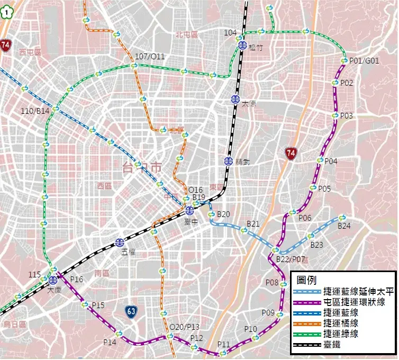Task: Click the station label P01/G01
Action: (x=364, y=61)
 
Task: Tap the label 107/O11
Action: (x=150, y=57)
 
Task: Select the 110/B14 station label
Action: (x=35, y=111)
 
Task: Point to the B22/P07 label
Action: (x=291, y=259)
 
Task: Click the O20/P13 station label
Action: (x=184, y=327)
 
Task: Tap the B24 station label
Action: (x=344, y=226)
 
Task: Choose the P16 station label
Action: (x=76, y=279)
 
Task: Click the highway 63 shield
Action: (x=132, y=311)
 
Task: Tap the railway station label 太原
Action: (x=249, y=104)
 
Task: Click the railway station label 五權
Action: (x=129, y=252)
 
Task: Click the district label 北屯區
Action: (x=186, y=34)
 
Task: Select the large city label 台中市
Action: (x=141, y=168)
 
